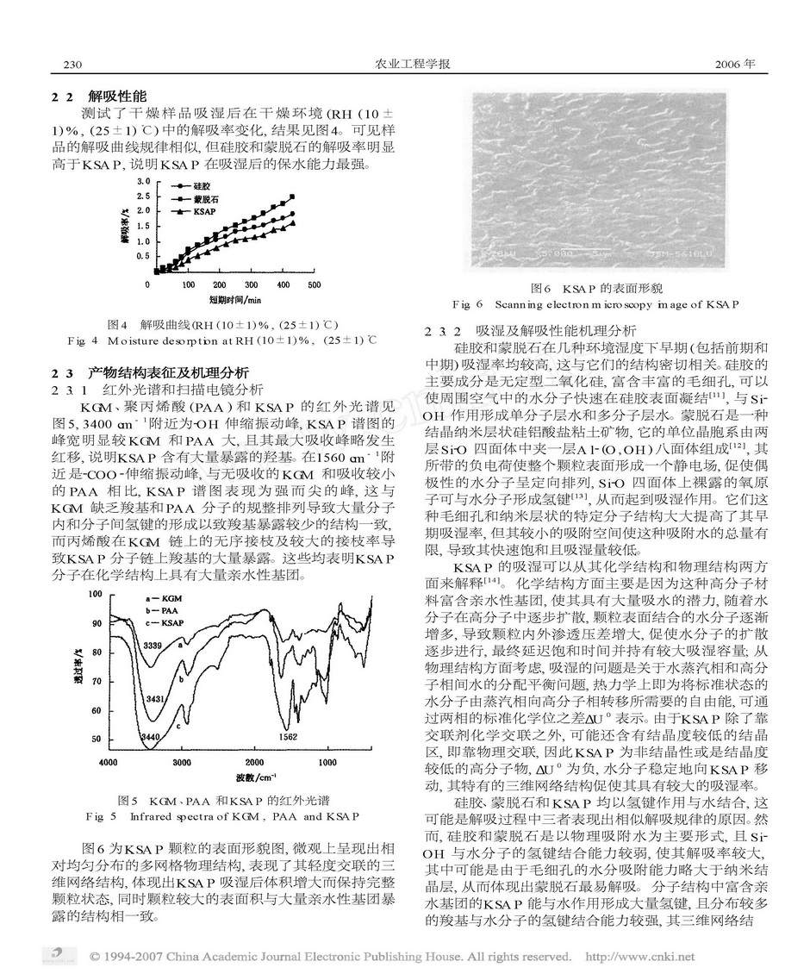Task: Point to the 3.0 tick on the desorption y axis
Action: pyautogui.click(x=143, y=181)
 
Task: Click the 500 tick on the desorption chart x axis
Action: pyautogui.click(x=314, y=284)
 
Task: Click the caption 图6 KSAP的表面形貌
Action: pyautogui.click(x=594, y=288)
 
